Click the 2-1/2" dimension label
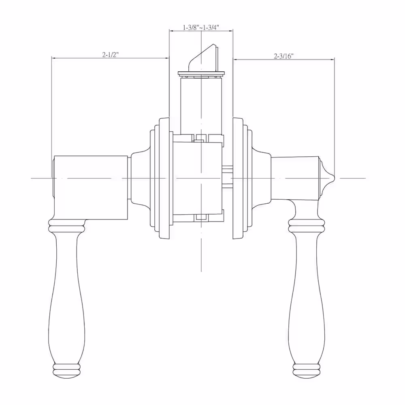pyautogui.click(x=110, y=55)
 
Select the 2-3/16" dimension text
pyautogui.click(x=283, y=56)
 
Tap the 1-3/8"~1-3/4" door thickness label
pyautogui.click(x=201, y=28)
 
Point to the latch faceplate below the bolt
pyautogui.click(x=201, y=74)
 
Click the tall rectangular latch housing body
pyautogui.click(x=201, y=106)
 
